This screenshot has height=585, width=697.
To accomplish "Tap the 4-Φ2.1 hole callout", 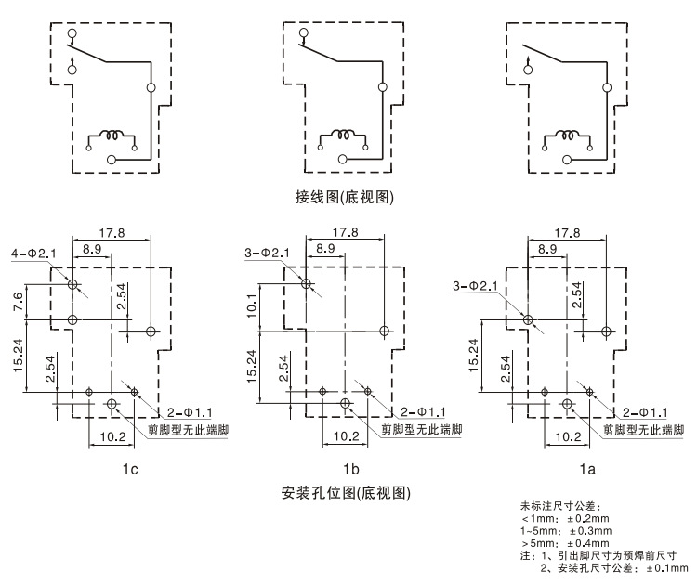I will point(33,253).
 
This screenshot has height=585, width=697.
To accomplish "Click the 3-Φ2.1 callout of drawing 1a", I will point(476,286).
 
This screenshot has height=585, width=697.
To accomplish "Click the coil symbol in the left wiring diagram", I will point(112,136).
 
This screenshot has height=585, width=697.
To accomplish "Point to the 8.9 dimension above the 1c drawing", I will point(92,248).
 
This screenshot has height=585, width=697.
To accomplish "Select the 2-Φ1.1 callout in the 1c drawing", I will point(189,410).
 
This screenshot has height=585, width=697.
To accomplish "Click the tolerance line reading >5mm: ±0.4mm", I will point(565,542).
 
